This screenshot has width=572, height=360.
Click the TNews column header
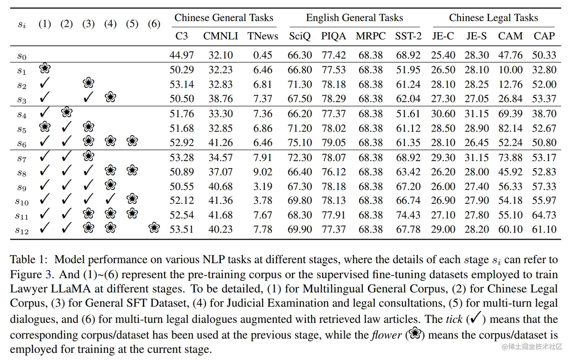coord(263,36)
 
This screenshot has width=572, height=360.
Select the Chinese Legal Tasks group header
coord(493,18)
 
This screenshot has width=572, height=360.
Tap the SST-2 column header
coord(408,36)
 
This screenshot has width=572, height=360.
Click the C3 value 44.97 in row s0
coord(182,55)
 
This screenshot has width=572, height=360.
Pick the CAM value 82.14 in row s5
coord(510,129)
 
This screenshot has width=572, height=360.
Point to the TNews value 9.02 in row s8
coord(263,172)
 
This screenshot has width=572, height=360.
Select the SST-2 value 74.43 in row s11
coord(408,215)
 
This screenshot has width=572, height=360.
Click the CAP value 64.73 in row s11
coord(544,215)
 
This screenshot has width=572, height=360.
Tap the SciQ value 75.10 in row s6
coord(300,143)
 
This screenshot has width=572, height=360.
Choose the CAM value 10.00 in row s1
coord(510,70)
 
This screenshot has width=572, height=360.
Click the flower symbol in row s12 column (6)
coord(154,228)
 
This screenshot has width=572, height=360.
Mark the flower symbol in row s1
coord(45,68)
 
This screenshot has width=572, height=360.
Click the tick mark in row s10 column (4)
coord(110,199)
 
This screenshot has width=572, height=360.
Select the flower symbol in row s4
coord(67,112)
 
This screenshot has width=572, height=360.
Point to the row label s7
coord(22,158)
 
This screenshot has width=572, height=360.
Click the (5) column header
coord(132,24)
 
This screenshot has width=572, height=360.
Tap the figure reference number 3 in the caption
coord(48,274)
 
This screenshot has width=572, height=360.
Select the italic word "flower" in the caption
coord(387,335)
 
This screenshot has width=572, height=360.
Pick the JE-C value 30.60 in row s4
coord(443,114)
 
